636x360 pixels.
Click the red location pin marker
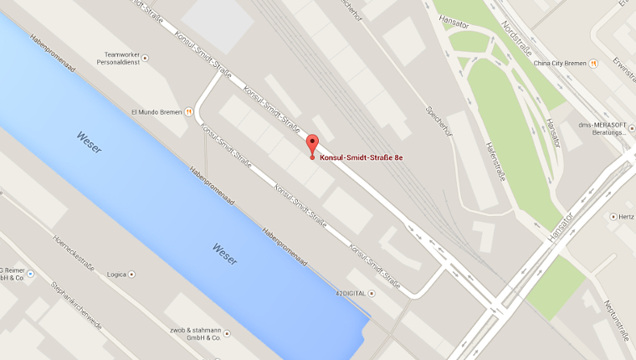[x=312, y=144]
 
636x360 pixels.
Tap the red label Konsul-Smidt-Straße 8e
[x=362, y=157]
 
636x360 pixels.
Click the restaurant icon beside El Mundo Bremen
[x=189, y=110]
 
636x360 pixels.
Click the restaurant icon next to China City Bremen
[x=593, y=63]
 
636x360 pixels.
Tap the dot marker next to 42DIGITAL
[x=372, y=293]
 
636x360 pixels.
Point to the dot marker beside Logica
[x=131, y=274]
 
